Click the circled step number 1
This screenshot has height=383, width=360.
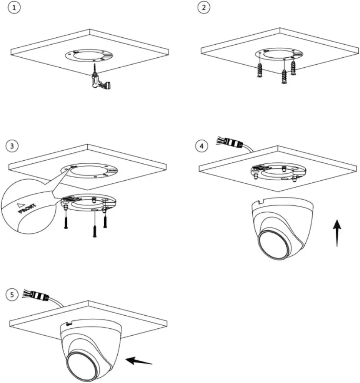[x=15, y=9]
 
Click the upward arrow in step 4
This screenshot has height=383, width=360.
[x=337, y=232]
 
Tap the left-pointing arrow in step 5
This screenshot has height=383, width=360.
[x=139, y=360]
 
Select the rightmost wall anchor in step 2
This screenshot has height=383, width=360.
[x=293, y=67]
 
